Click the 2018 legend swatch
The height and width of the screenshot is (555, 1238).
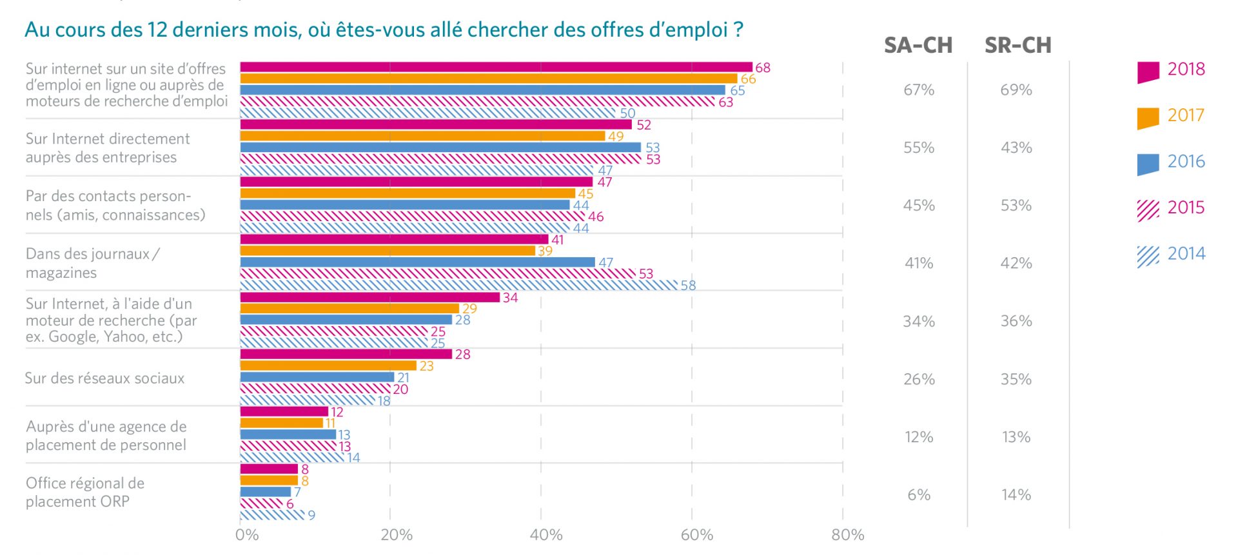1148,72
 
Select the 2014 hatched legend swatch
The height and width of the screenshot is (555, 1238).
1148,256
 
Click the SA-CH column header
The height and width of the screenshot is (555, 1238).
918,45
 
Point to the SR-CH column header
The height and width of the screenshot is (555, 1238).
1017,45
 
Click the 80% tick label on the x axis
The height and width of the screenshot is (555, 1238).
847,535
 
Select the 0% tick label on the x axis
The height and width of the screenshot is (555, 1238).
247,535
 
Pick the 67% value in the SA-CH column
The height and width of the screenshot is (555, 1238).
919,90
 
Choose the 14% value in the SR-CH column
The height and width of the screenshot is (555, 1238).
1016,495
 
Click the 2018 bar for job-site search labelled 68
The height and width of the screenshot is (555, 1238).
496,67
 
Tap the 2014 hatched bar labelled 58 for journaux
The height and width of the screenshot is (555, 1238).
458,285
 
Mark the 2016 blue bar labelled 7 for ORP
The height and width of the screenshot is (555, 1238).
266,492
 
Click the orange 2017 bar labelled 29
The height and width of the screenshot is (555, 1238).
349,309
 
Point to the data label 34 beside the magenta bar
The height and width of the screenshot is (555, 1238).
510,298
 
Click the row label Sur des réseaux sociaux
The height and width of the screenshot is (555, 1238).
104,378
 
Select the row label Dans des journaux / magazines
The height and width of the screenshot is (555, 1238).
92,263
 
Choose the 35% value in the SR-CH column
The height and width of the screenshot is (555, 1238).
1016,380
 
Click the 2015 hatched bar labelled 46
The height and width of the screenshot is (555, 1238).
412,217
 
